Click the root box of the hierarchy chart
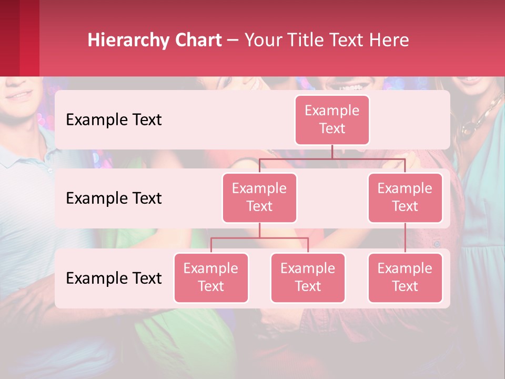[332, 119]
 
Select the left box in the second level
[259, 197]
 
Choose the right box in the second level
[405, 197]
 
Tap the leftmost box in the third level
[211, 277]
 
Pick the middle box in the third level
[308, 277]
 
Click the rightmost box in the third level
[405, 277]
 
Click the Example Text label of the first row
[114, 120]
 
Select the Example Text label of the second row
[114, 198]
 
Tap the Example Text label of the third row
[114, 278]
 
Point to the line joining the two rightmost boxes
[405, 238]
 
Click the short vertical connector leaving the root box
[332, 152]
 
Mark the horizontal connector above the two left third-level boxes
[259, 238]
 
